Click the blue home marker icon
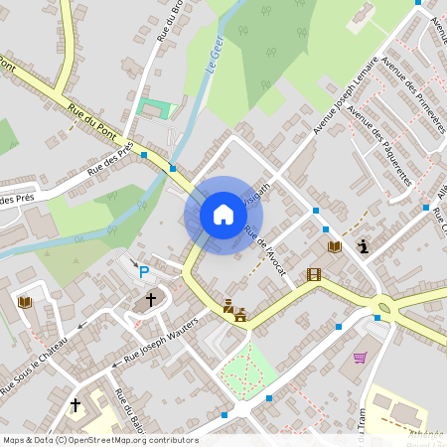[x=223, y=215]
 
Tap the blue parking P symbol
[x=144, y=271]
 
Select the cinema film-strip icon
[x=314, y=274]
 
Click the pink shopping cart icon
[x=360, y=357]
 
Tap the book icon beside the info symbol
[x=334, y=246]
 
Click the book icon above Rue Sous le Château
[x=25, y=301]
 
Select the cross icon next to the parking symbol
[x=151, y=299]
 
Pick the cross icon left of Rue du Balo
[x=75, y=405]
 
